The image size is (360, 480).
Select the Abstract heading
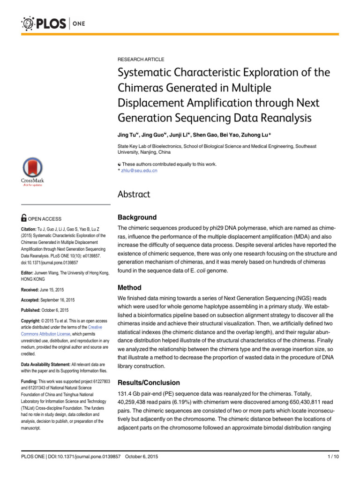pyautogui.click(x=135, y=195)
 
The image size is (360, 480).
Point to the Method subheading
pyautogui.click(x=129, y=287)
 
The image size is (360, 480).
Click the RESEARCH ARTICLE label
pyautogui.click(x=141, y=60)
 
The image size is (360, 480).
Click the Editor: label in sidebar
pyautogui.click(x=30, y=273)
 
